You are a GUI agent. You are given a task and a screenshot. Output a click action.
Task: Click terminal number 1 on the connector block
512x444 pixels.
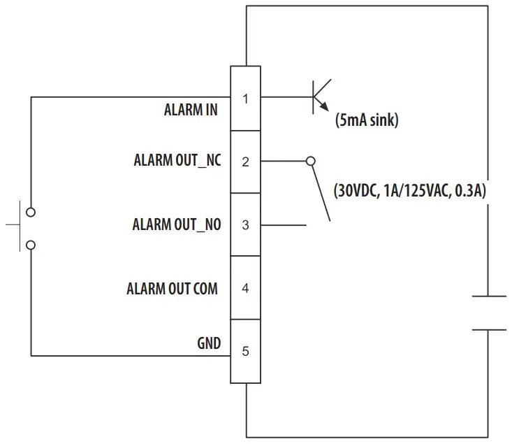tap(245, 98)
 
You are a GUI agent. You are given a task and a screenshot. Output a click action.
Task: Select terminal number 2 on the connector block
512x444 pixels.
tap(245, 162)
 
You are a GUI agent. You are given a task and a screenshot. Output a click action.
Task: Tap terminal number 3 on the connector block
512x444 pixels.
tap(245, 225)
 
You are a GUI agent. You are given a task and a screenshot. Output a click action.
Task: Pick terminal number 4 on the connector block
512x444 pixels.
tap(245, 288)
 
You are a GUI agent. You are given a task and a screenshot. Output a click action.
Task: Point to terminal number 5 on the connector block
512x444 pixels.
tap(245, 351)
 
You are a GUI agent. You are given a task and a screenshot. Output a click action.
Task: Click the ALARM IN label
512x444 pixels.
tap(190, 110)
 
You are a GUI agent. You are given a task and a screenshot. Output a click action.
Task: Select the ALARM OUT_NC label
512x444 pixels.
tap(177, 160)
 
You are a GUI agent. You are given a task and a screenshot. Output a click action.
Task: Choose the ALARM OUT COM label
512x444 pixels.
tap(172, 288)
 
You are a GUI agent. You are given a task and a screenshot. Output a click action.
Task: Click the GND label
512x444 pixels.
tap(209, 343)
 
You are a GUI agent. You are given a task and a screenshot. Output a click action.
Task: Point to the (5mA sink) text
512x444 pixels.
tap(367, 120)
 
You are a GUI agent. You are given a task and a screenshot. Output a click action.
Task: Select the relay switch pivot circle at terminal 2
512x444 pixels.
tap(311, 161)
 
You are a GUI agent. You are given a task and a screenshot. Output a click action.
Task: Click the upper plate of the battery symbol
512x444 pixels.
tap(489, 296)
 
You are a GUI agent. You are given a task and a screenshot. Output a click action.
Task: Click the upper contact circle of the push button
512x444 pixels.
tap(30, 211)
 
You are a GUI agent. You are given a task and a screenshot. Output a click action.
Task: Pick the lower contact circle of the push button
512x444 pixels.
tap(30, 245)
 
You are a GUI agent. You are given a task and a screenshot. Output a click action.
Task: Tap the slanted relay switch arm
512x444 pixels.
tap(321, 192)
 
